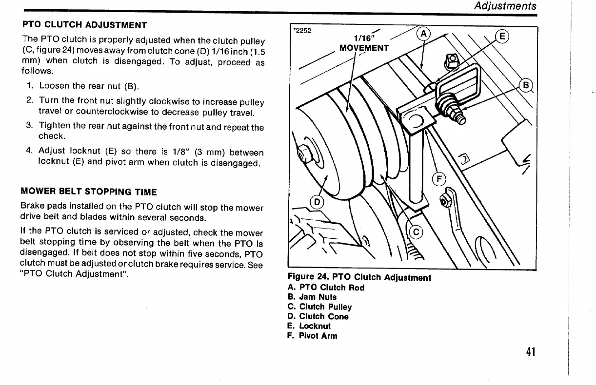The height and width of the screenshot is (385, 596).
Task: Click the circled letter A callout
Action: (424, 34)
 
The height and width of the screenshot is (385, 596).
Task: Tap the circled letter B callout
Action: (526, 86)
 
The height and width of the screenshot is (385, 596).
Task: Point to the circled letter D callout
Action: (318, 202)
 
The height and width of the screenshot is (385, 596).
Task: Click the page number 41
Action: (531, 351)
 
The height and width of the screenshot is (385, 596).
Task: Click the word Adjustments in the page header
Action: (506, 6)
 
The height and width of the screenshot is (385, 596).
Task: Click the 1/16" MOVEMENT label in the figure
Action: (364, 43)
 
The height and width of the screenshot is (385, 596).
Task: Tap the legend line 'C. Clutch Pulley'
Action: (319, 307)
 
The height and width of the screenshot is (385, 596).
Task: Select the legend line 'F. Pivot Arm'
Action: (312, 336)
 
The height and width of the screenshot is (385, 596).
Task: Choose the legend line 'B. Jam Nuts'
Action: (312, 297)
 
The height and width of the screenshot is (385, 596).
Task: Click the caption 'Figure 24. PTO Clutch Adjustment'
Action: (359, 278)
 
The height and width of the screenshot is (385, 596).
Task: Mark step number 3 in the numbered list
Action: (29, 127)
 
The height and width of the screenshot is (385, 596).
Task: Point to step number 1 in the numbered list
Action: (30, 86)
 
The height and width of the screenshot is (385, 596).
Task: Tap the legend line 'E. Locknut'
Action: (309, 326)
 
